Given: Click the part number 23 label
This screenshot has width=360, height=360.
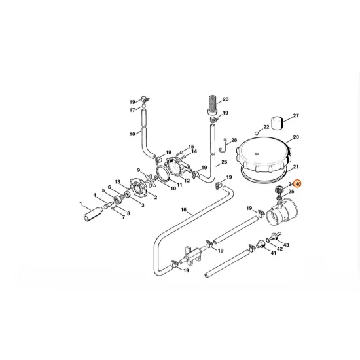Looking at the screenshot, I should [226, 99].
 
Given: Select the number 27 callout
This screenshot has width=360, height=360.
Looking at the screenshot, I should [295, 116].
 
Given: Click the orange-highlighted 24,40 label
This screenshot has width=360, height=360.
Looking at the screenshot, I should [295, 185].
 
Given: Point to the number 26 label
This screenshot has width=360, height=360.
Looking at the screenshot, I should [224, 162].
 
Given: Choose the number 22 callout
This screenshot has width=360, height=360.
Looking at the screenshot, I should [266, 127].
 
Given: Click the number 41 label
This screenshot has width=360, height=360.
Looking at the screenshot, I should [117, 181].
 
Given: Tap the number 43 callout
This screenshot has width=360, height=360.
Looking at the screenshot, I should [285, 245].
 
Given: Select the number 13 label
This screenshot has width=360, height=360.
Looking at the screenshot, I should [192, 146].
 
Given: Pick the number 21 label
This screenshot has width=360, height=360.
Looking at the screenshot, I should [295, 167].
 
